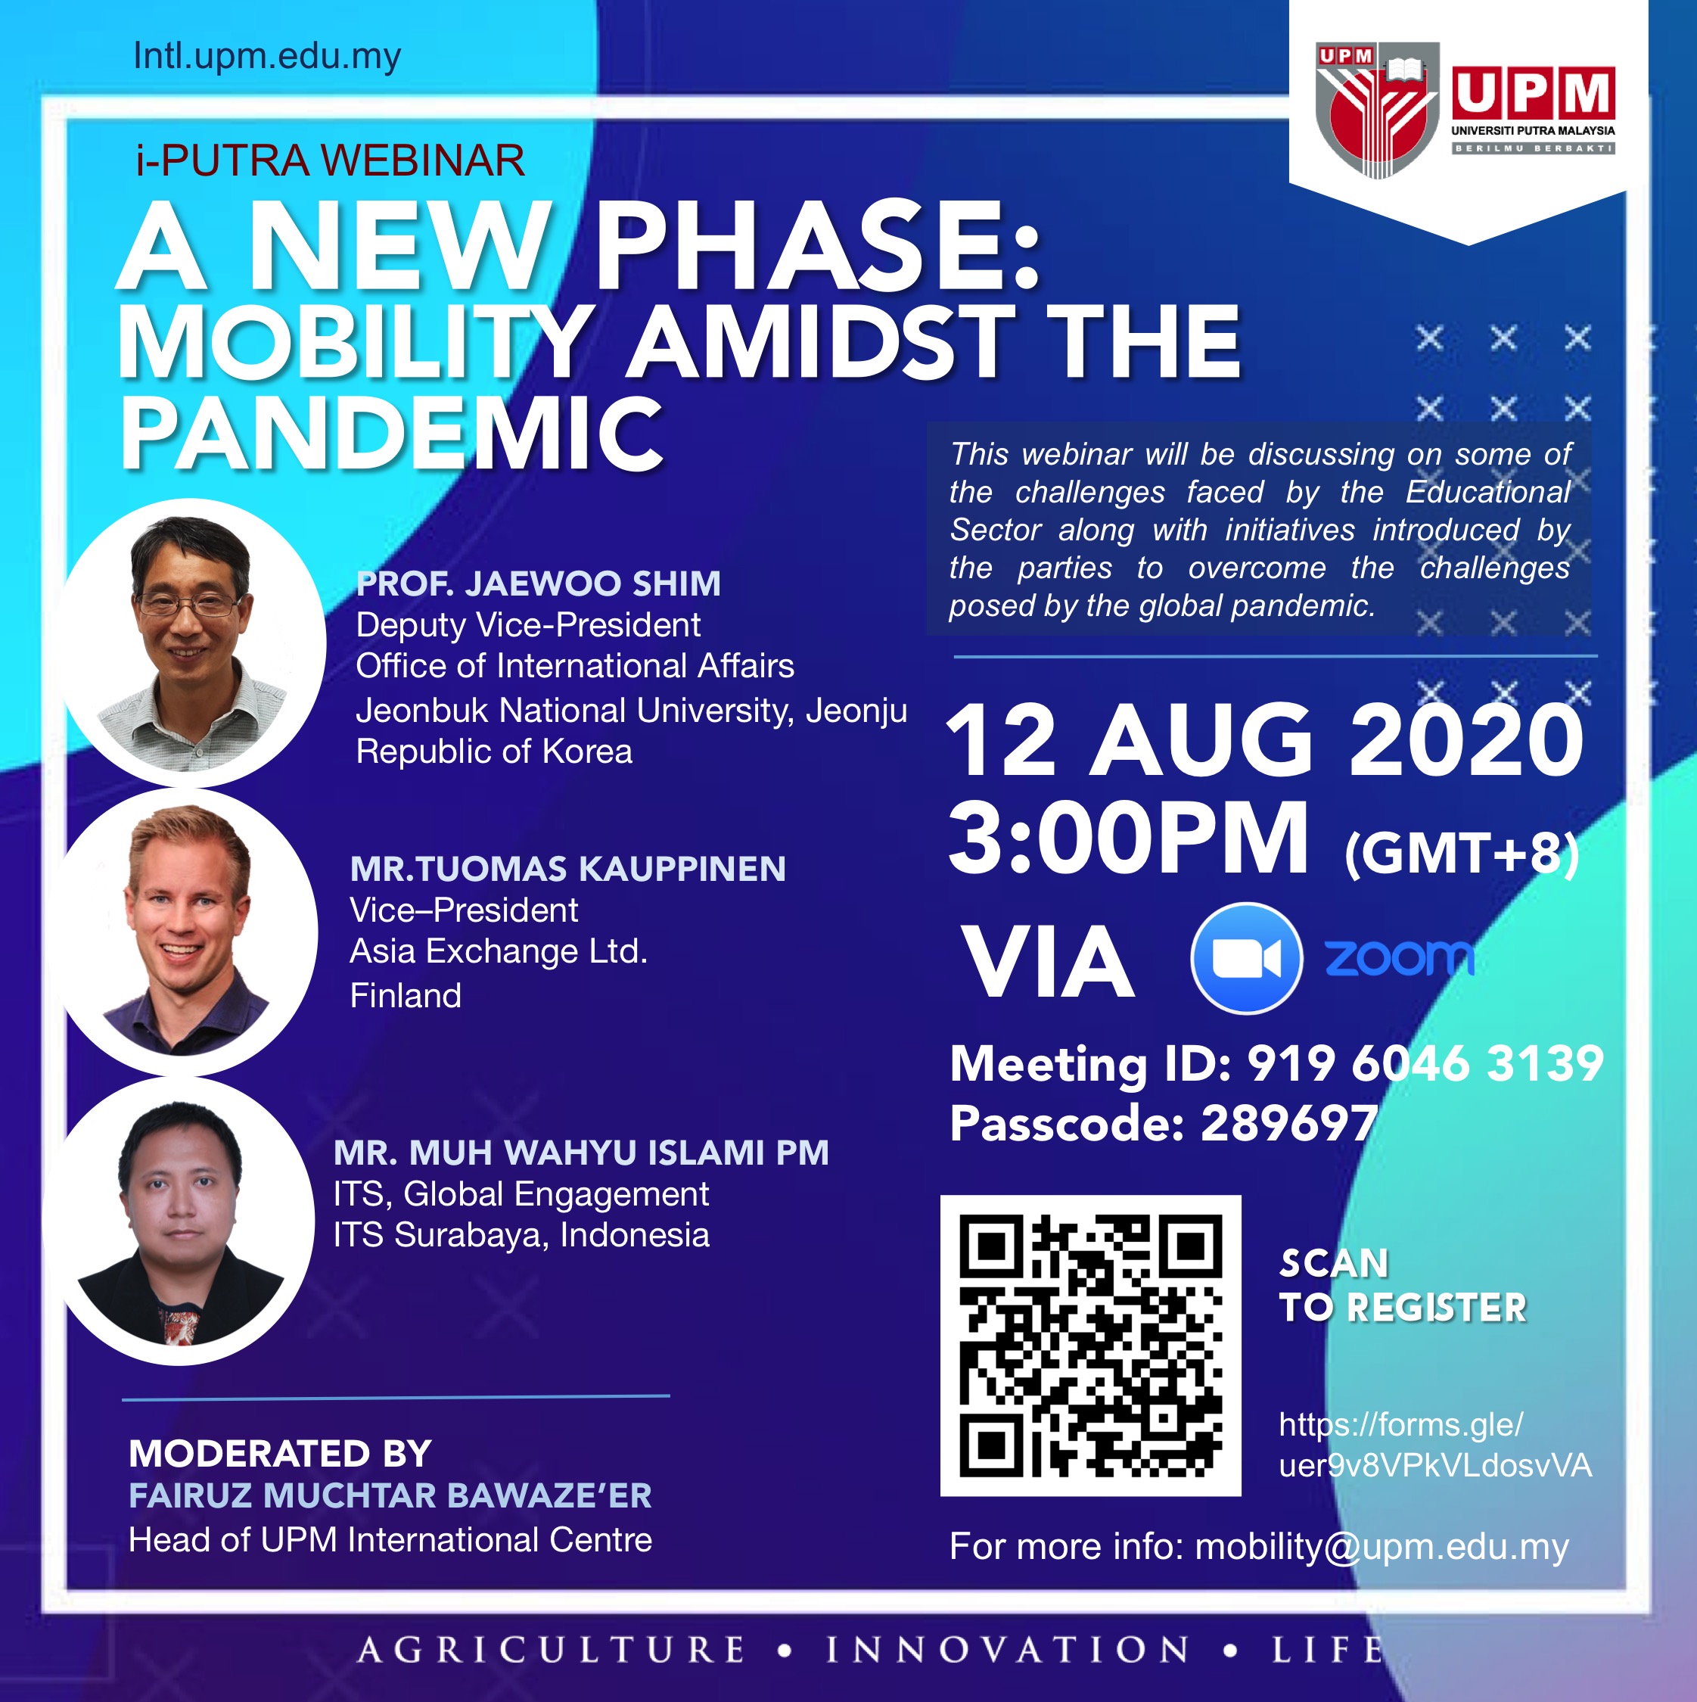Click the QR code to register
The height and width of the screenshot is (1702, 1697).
click(x=1090, y=1346)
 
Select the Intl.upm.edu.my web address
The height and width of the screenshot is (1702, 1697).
click(x=267, y=57)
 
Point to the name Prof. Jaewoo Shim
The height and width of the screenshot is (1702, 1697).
click(x=538, y=583)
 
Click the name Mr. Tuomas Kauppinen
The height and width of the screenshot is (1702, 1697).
click(x=568, y=869)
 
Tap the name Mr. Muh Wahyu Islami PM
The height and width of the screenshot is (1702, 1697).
click(x=581, y=1153)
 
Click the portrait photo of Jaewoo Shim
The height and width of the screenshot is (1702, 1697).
click(x=192, y=643)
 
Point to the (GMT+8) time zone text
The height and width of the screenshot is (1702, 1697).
click(x=1461, y=854)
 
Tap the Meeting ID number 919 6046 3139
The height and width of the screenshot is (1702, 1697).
click(x=1425, y=1063)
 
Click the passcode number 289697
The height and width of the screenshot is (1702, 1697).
click(x=1289, y=1123)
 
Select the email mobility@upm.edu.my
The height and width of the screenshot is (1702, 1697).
click(x=1382, y=1547)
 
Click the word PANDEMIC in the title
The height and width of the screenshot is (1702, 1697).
click(x=391, y=434)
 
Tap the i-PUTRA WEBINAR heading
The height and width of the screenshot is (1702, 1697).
click(x=330, y=160)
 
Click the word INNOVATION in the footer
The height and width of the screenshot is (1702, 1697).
click(x=1008, y=1650)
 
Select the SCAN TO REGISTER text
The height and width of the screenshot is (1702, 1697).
click(x=1403, y=1285)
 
